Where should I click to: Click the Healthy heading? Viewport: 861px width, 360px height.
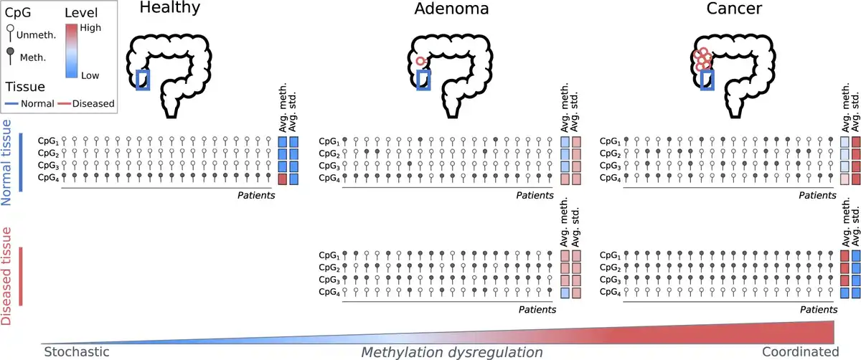[x=170, y=9]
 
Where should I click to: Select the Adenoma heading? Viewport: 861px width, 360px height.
[x=452, y=9]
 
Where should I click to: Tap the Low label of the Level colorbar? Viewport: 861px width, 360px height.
[x=90, y=75]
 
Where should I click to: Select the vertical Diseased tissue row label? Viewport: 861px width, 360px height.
[x=9, y=276]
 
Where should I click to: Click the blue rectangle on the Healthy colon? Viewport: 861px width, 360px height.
[x=143, y=80]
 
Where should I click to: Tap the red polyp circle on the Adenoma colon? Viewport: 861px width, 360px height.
[x=421, y=62]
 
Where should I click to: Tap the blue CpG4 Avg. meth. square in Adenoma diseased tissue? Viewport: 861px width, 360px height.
[x=565, y=292]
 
